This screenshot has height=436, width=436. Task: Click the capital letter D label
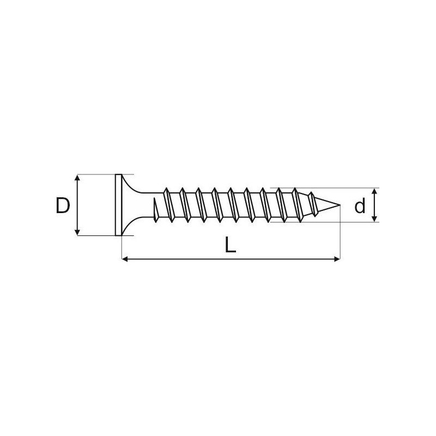tap(63, 205)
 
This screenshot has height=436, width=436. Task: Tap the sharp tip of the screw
tap(340, 205)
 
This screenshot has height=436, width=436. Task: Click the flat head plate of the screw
tap(118, 205)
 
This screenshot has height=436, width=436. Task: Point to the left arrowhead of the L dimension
tap(125, 259)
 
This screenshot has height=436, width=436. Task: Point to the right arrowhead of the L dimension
tap(337, 259)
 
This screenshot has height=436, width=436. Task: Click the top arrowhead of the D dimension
tap(77, 178)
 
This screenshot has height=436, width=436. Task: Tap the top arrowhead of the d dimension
tap(374, 191)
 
